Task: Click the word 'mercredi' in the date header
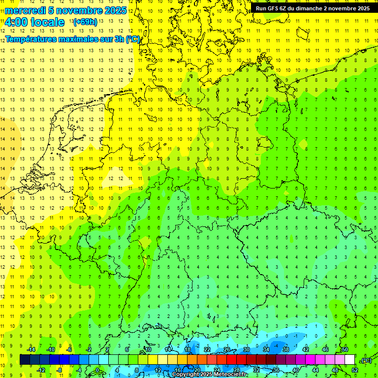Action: coord(25,10)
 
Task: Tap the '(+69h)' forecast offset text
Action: coord(85,22)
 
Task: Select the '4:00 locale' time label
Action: coord(34,22)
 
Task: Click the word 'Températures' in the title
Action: coord(31,39)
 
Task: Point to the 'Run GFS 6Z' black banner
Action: coord(313,8)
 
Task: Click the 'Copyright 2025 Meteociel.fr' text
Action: coord(211,375)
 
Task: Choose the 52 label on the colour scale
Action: coord(354,370)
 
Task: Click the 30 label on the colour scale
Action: coord(246,349)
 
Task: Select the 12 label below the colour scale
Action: coord(158,370)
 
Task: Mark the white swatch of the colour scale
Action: coord(349,360)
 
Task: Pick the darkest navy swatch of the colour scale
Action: coord(25,360)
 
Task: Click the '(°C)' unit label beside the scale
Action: coord(366,360)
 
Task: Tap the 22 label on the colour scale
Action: coord(207,349)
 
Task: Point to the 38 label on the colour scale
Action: coord(285,349)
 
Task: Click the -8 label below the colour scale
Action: coord(60,370)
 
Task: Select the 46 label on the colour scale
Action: coord(325,349)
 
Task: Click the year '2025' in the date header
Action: coord(116,10)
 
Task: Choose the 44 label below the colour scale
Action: coord(315,370)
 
